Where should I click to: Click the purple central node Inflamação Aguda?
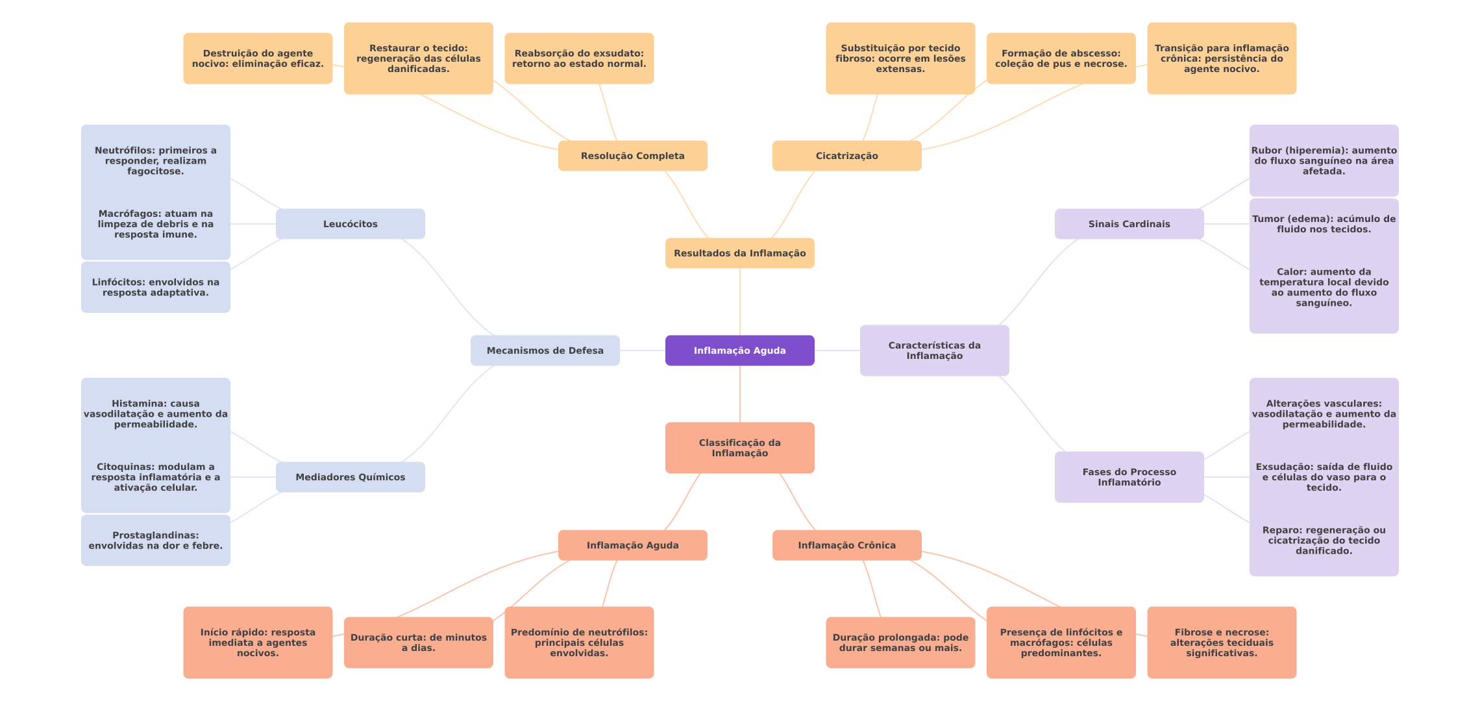click(739, 350)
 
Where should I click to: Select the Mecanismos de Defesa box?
click(545, 350)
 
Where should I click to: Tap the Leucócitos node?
click(350, 224)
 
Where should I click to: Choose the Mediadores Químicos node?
click(350, 477)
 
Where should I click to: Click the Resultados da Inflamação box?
click(739, 253)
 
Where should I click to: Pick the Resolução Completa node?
click(632, 156)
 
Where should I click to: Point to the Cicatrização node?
click(846, 156)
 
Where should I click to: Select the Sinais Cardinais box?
click(1129, 224)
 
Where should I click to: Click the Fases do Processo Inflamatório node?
click(1129, 477)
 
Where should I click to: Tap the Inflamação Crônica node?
click(846, 545)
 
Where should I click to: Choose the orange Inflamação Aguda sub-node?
click(632, 545)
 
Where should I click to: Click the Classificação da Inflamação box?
click(739, 448)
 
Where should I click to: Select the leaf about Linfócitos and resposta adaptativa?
click(155, 288)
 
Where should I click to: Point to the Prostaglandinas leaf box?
click(155, 541)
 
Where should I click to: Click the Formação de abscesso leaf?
click(1061, 58)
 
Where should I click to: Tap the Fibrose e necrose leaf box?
click(1221, 643)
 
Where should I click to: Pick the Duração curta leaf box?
click(418, 643)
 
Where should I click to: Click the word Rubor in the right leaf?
click(1266, 151)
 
